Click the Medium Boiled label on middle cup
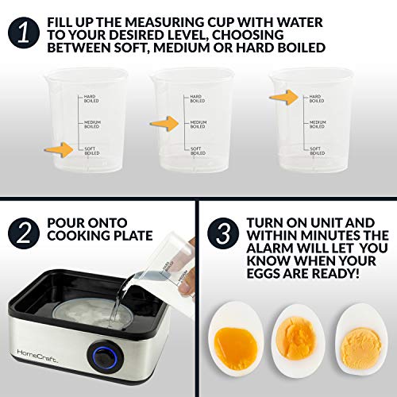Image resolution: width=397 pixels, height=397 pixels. (198, 124)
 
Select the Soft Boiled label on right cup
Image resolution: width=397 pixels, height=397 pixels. (314, 150)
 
